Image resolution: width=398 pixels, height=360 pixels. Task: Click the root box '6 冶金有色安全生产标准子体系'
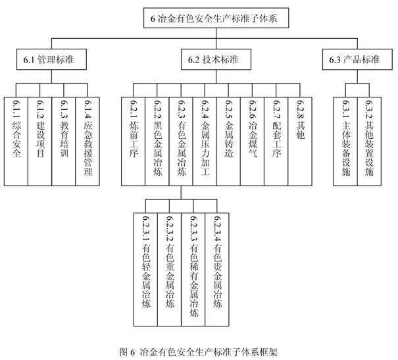click(x=216, y=18)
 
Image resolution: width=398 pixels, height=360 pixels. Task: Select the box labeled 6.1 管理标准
click(x=51, y=59)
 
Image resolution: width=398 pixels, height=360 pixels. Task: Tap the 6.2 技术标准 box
click(x=216, y=59)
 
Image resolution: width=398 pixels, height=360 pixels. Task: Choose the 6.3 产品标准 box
click(x=357, y=59)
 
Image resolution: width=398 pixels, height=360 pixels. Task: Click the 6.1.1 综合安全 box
click(x=16, y=141)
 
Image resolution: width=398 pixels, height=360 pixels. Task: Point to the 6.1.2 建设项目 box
click(x=40, y=141)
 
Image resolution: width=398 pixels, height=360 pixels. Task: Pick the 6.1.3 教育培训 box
click(x=64, y=141)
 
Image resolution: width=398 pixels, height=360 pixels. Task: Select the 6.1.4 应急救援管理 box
click(x=87, y=141)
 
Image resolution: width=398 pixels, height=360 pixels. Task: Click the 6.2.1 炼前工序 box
click(x=134, y=141)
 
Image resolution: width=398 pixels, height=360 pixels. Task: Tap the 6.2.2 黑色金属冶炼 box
click(x=157, y=141)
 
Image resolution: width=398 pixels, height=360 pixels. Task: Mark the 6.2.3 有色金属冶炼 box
click(x=181, y=141)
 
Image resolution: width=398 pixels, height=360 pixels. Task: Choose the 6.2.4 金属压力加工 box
click(x=205, y=141)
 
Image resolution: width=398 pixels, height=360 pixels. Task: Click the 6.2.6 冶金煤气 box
click(x=253, y=141)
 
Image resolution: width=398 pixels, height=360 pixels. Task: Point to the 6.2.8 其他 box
click(x=300, y=141)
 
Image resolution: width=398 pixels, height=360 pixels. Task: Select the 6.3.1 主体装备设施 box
click(x=345, y=141)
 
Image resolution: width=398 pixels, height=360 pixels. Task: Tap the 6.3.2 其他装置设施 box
click(x=369, y=141)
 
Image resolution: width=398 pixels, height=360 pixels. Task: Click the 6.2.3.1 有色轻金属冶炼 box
click(x=145, y=270)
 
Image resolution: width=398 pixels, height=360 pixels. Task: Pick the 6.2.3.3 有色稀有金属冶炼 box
click(x=193, y=270)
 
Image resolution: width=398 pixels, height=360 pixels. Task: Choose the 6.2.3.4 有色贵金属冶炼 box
click(x=217, y=270)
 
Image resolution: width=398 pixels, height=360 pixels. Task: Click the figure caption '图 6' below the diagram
click(x=126, y=352)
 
